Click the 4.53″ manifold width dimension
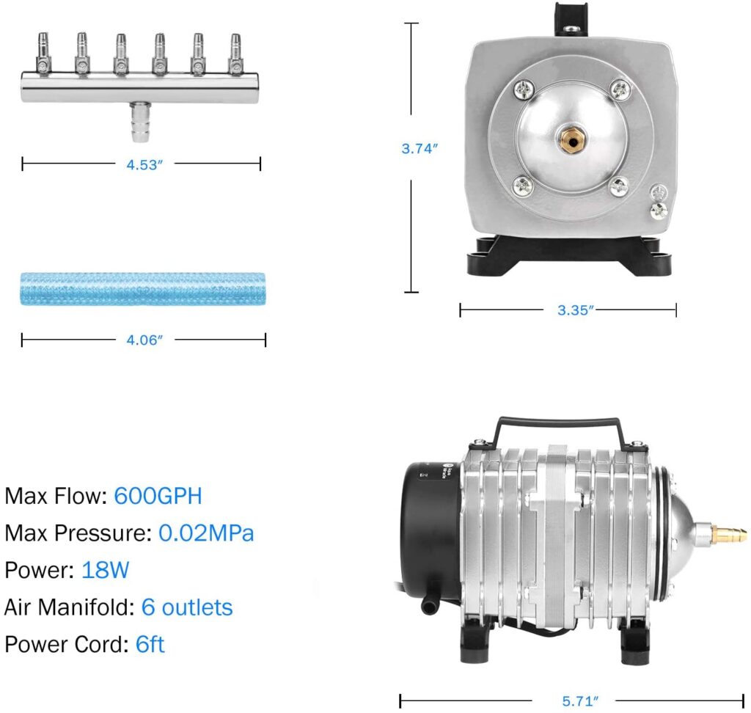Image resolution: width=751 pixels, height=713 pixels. [144, 165]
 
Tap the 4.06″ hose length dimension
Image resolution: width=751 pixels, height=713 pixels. [144, 340]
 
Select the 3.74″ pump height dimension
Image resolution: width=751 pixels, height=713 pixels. [420, 148]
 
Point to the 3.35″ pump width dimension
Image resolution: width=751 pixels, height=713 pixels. [575, 310]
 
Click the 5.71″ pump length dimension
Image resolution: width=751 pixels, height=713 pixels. [580, 701]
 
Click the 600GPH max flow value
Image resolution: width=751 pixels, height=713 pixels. [158, 496]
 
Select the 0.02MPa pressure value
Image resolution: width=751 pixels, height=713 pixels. [206, 533]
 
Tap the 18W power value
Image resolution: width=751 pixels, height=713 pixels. [105, 570]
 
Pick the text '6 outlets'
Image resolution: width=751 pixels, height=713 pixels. [187, 607]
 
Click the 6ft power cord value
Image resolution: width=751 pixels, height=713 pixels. [150, 644]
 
